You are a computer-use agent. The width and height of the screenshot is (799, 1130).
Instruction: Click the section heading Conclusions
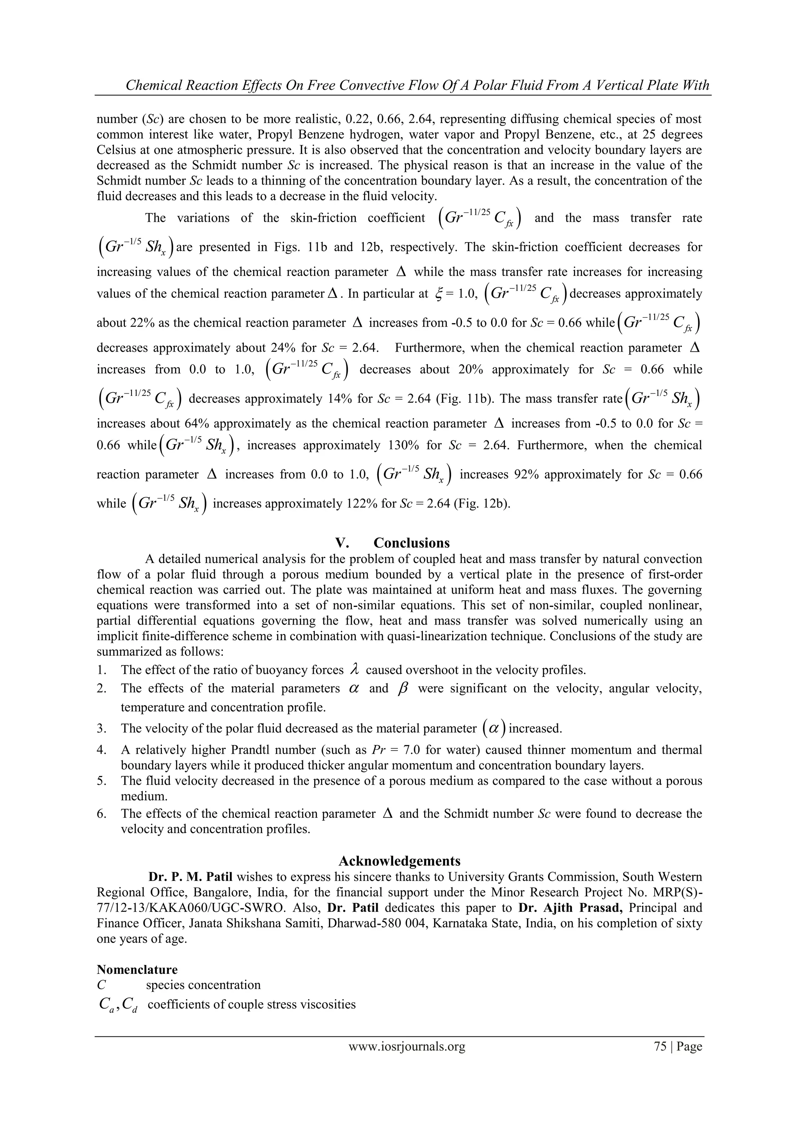[x=411, y=543]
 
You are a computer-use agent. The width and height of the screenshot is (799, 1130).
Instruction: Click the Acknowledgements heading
[x=399, y=861]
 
